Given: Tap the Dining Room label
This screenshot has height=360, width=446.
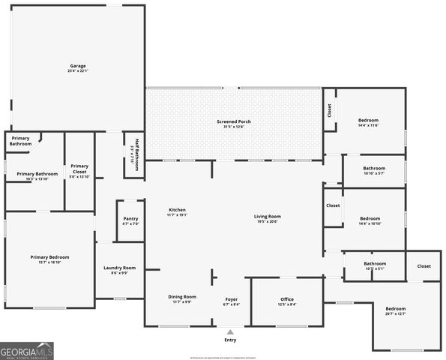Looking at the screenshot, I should (181, 298).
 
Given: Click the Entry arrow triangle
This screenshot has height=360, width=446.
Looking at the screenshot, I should (230, 331).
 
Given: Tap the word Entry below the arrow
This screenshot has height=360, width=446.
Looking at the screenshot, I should (230, 340).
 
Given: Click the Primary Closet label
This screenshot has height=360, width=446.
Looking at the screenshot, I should (79, 171).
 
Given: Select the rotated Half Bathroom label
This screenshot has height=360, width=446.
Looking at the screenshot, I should (136, 155).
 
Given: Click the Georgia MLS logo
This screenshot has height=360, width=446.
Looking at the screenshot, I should (27, 350).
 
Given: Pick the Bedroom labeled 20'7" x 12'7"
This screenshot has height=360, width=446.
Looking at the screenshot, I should (395, 311).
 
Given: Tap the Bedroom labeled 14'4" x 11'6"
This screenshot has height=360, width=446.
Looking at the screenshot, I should (368, 122).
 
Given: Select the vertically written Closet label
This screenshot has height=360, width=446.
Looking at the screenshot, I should (329, 111).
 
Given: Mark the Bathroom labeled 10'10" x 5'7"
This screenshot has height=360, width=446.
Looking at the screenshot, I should (374, 170).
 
